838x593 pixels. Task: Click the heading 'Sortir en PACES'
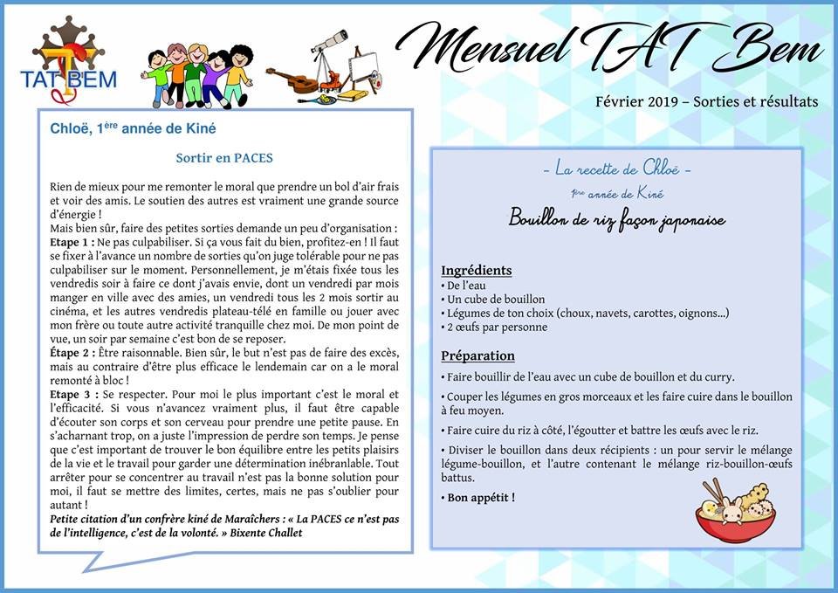point(224,159)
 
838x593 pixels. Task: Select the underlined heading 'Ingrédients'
point(477,271)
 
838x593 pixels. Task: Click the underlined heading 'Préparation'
point(477,356)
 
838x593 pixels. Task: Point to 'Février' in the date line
point(617,102)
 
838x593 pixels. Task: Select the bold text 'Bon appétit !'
point(478,498)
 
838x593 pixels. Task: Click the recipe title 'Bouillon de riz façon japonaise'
point(616,219)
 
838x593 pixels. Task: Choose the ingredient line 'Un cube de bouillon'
point(497,300)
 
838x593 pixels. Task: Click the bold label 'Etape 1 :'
point(72,241)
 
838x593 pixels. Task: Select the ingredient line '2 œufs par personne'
point(497,328)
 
